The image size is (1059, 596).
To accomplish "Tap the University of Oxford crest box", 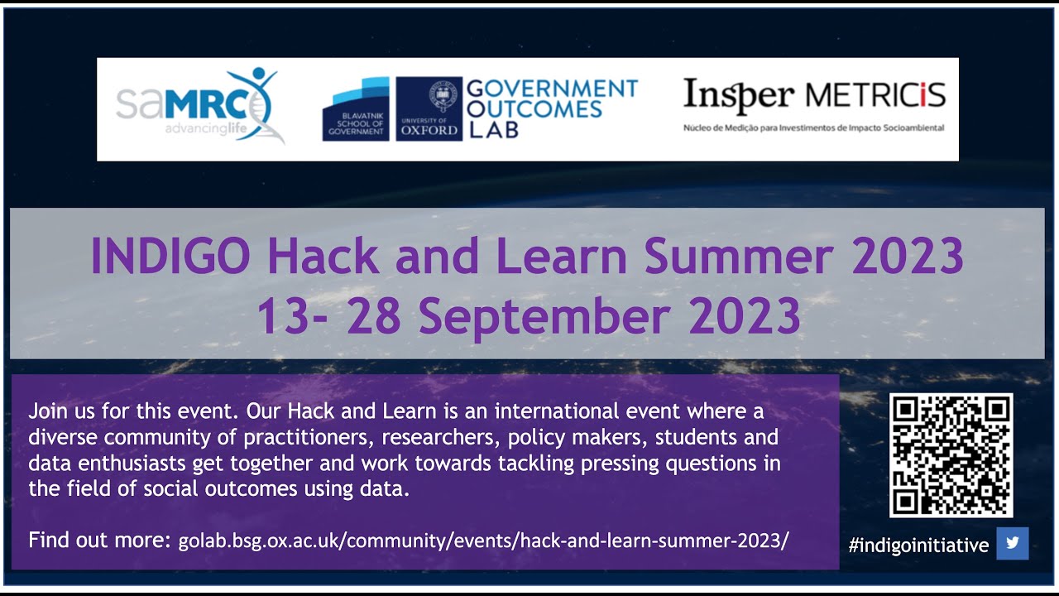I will [x=429, y=109].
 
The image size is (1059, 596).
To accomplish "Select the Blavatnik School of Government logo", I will [x=356, y=109].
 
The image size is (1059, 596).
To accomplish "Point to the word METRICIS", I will [x=875, y=96].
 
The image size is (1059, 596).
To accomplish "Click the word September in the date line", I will [x=547, y=315].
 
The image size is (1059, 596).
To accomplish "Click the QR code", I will [x=951, y=455].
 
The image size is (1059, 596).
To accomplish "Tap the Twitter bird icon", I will [x=1012, y=543].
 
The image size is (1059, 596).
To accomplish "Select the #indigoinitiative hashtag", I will [x=918, y=545].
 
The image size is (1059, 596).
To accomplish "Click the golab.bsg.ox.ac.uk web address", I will [x=483, y=541].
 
